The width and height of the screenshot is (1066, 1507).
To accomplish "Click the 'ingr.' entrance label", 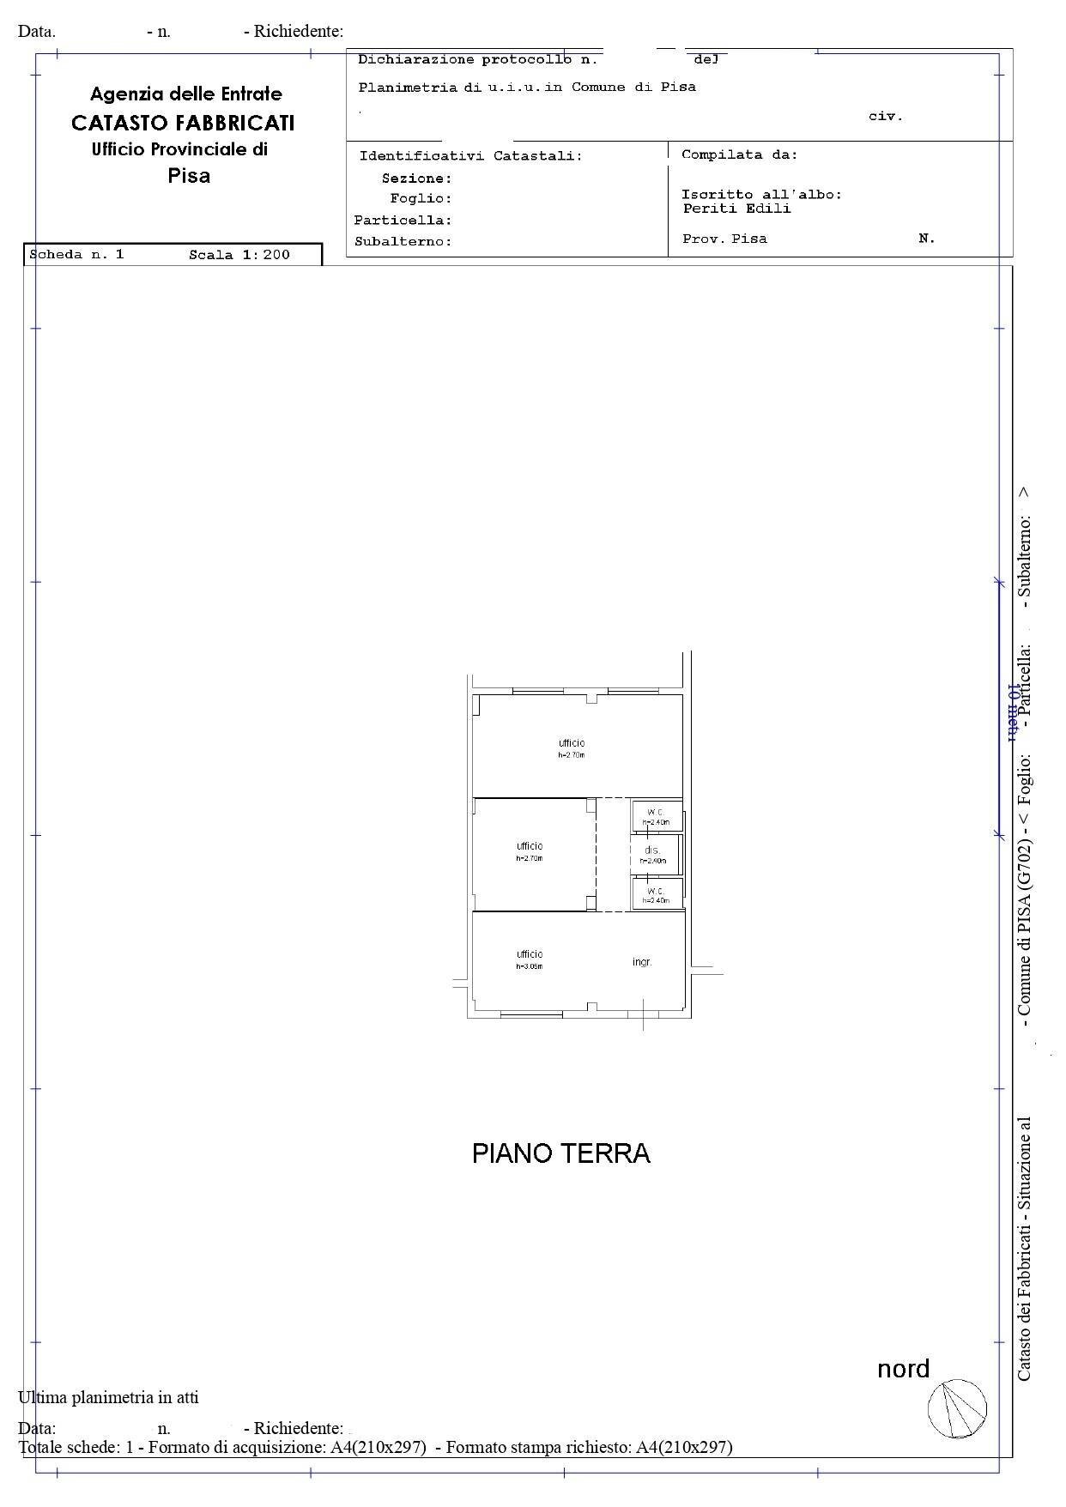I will point(642,962).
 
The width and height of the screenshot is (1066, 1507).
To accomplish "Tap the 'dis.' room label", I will point(652,850).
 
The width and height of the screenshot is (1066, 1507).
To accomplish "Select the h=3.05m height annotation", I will point(530,966).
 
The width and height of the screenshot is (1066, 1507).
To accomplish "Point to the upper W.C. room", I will point(657,816).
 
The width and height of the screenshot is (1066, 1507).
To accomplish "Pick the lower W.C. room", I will point(657,894).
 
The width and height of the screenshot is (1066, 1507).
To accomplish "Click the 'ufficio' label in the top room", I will point(572,743).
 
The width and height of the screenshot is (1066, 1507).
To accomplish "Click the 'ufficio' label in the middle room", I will point(530,846).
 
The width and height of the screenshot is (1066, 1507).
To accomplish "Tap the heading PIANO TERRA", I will point(561,1153).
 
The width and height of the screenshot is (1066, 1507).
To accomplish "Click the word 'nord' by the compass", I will point(903,1369).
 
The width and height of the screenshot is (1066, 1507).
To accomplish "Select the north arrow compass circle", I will point(957,1408).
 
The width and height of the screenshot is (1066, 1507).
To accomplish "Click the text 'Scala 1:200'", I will point(239,255).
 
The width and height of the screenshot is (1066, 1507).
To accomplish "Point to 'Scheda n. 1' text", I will point(77,255).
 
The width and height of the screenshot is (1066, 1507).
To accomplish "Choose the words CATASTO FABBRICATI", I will point(183,123).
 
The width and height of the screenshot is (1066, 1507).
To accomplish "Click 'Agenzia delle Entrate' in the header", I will point(186,94).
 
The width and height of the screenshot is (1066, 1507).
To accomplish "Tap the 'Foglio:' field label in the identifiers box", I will point(421,199).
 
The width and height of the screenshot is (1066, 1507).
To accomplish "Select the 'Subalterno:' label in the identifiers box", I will point(403,242).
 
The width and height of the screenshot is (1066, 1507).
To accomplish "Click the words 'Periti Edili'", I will point(736,209).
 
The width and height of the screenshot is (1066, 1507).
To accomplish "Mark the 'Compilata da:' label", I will point(739,155).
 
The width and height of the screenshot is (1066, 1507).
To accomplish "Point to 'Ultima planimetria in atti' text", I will point(108,1397).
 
